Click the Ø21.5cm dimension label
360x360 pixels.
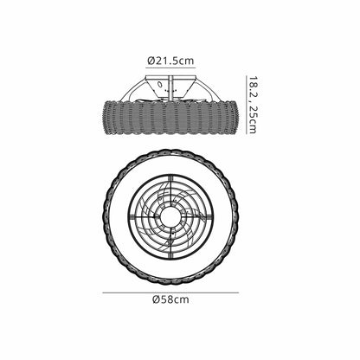[x=170, y=61]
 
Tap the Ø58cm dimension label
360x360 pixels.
[x=170, y=299]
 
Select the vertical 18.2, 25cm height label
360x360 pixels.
[x=253, y=105]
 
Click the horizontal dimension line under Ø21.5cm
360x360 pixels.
[x=170, y=67]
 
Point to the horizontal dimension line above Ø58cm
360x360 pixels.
[x=170, y=292]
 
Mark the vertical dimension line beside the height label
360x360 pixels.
[x=247, y=105]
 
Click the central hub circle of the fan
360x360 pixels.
[x=170, y=216]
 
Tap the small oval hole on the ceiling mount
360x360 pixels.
[x=159, y=84]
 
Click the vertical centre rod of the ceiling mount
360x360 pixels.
[x=170, y=88]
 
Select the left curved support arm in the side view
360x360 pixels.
[x=130, y=88]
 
